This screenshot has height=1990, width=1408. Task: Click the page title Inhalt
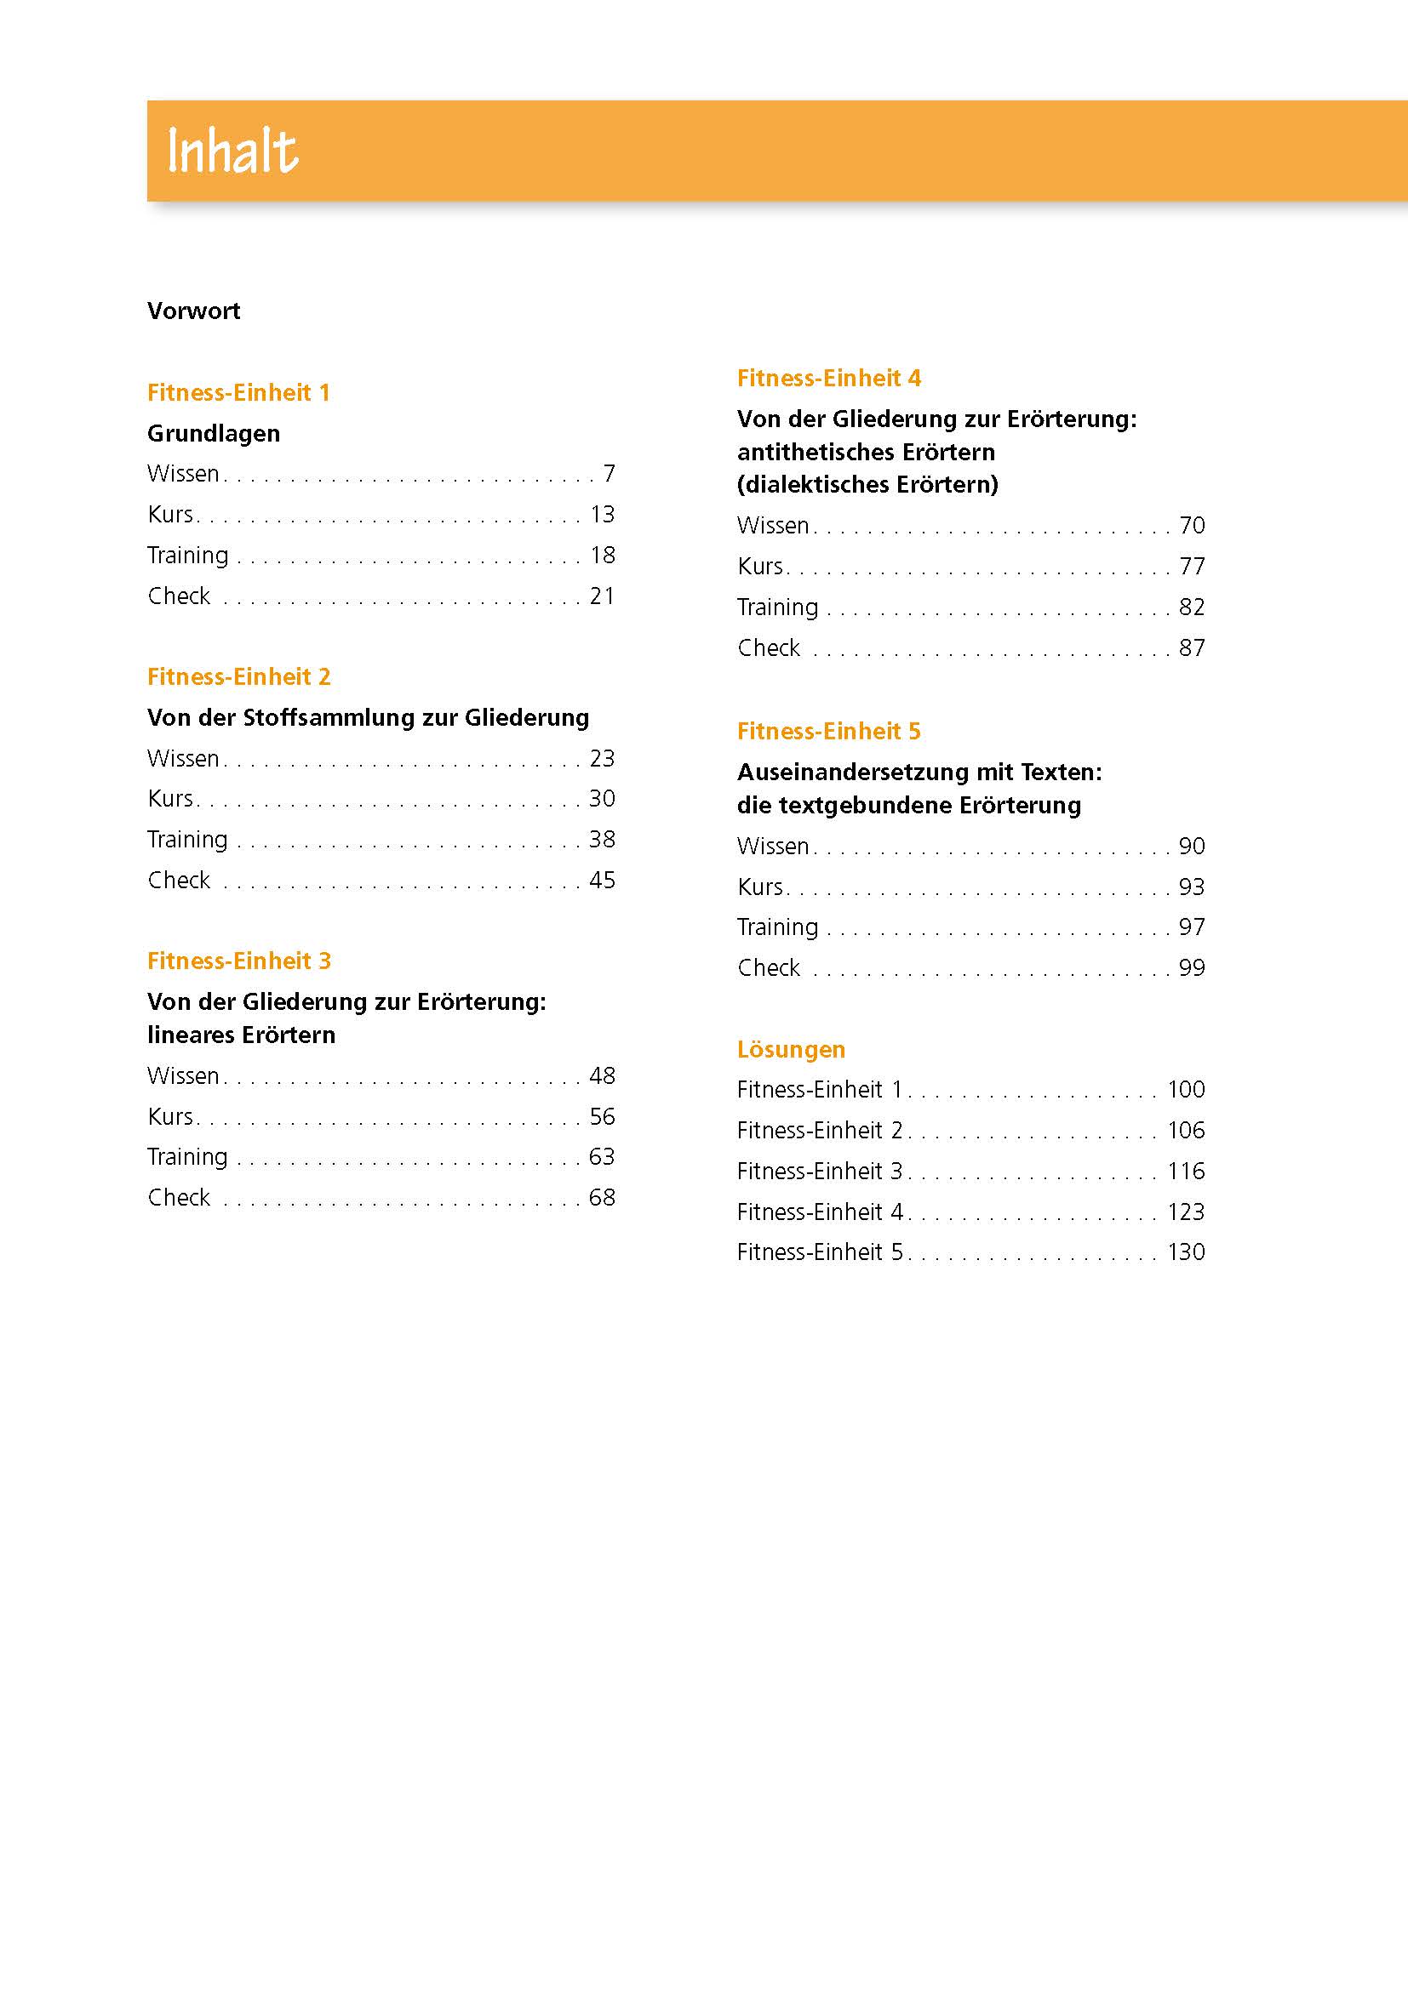(x=232, y=151)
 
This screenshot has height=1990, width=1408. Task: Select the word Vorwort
(x=193, y=311)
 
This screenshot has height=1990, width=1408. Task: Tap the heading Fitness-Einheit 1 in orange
(x=238, y=392)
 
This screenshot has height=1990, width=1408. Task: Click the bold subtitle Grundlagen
(x=214, y=433)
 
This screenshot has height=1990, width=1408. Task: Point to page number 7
(x=609, y=474)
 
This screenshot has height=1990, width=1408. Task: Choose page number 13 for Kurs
(x=603, y=515)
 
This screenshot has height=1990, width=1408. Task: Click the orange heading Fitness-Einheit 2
(x=238, y=677)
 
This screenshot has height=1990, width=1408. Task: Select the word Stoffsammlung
(x=329, y=718)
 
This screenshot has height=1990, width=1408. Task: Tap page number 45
(x=603, y=881)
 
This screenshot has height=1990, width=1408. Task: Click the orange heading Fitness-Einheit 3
(x=238, y=961)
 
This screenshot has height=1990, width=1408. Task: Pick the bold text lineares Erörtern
(x=241, y=1035)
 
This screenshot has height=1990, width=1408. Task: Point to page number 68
(x=603, y=1198)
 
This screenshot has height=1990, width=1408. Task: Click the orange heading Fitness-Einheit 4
(x=829, y=379)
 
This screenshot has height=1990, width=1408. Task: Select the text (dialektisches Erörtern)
(x=867, y=484)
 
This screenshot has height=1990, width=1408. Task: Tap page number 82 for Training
(x=1192, y=607)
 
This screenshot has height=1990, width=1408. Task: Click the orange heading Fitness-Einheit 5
(x=829, y=732)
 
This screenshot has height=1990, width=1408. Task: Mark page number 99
(x=1192, y=968)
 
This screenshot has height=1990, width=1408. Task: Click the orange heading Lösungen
(x=791, y=1050)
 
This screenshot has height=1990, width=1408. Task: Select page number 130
(x=1186, y=1252)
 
